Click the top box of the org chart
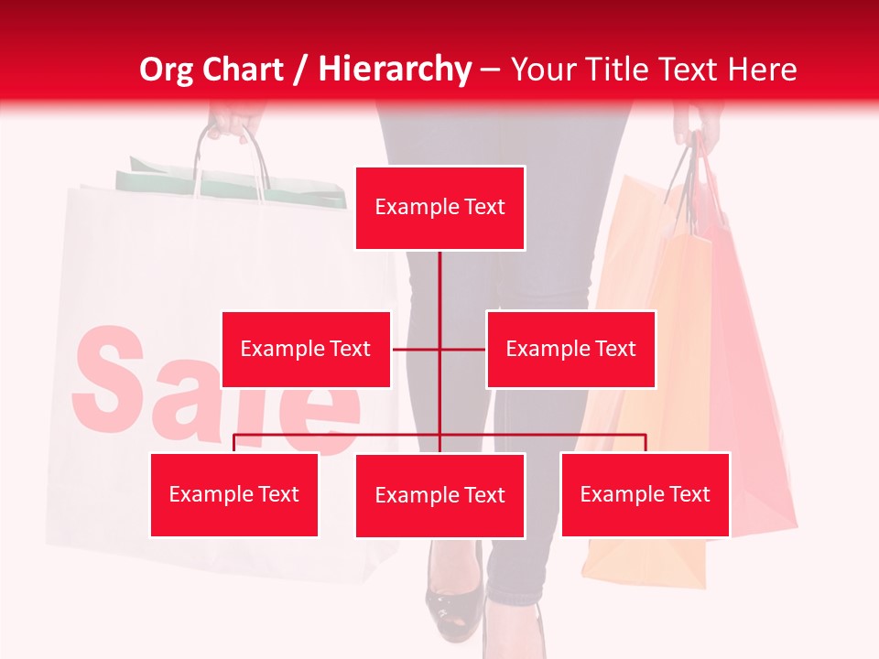click(439, 208)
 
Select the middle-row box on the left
click(306, 349)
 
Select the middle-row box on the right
click(570, 349)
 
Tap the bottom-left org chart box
click(233, 494)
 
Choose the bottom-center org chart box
click(439, 495)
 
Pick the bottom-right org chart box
click(645, 494)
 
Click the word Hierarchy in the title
click(395, 70)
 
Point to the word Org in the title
click(166, 70)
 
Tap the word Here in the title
click(762, 70)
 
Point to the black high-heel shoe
click(452, 600)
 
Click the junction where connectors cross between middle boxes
click(439, 349)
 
